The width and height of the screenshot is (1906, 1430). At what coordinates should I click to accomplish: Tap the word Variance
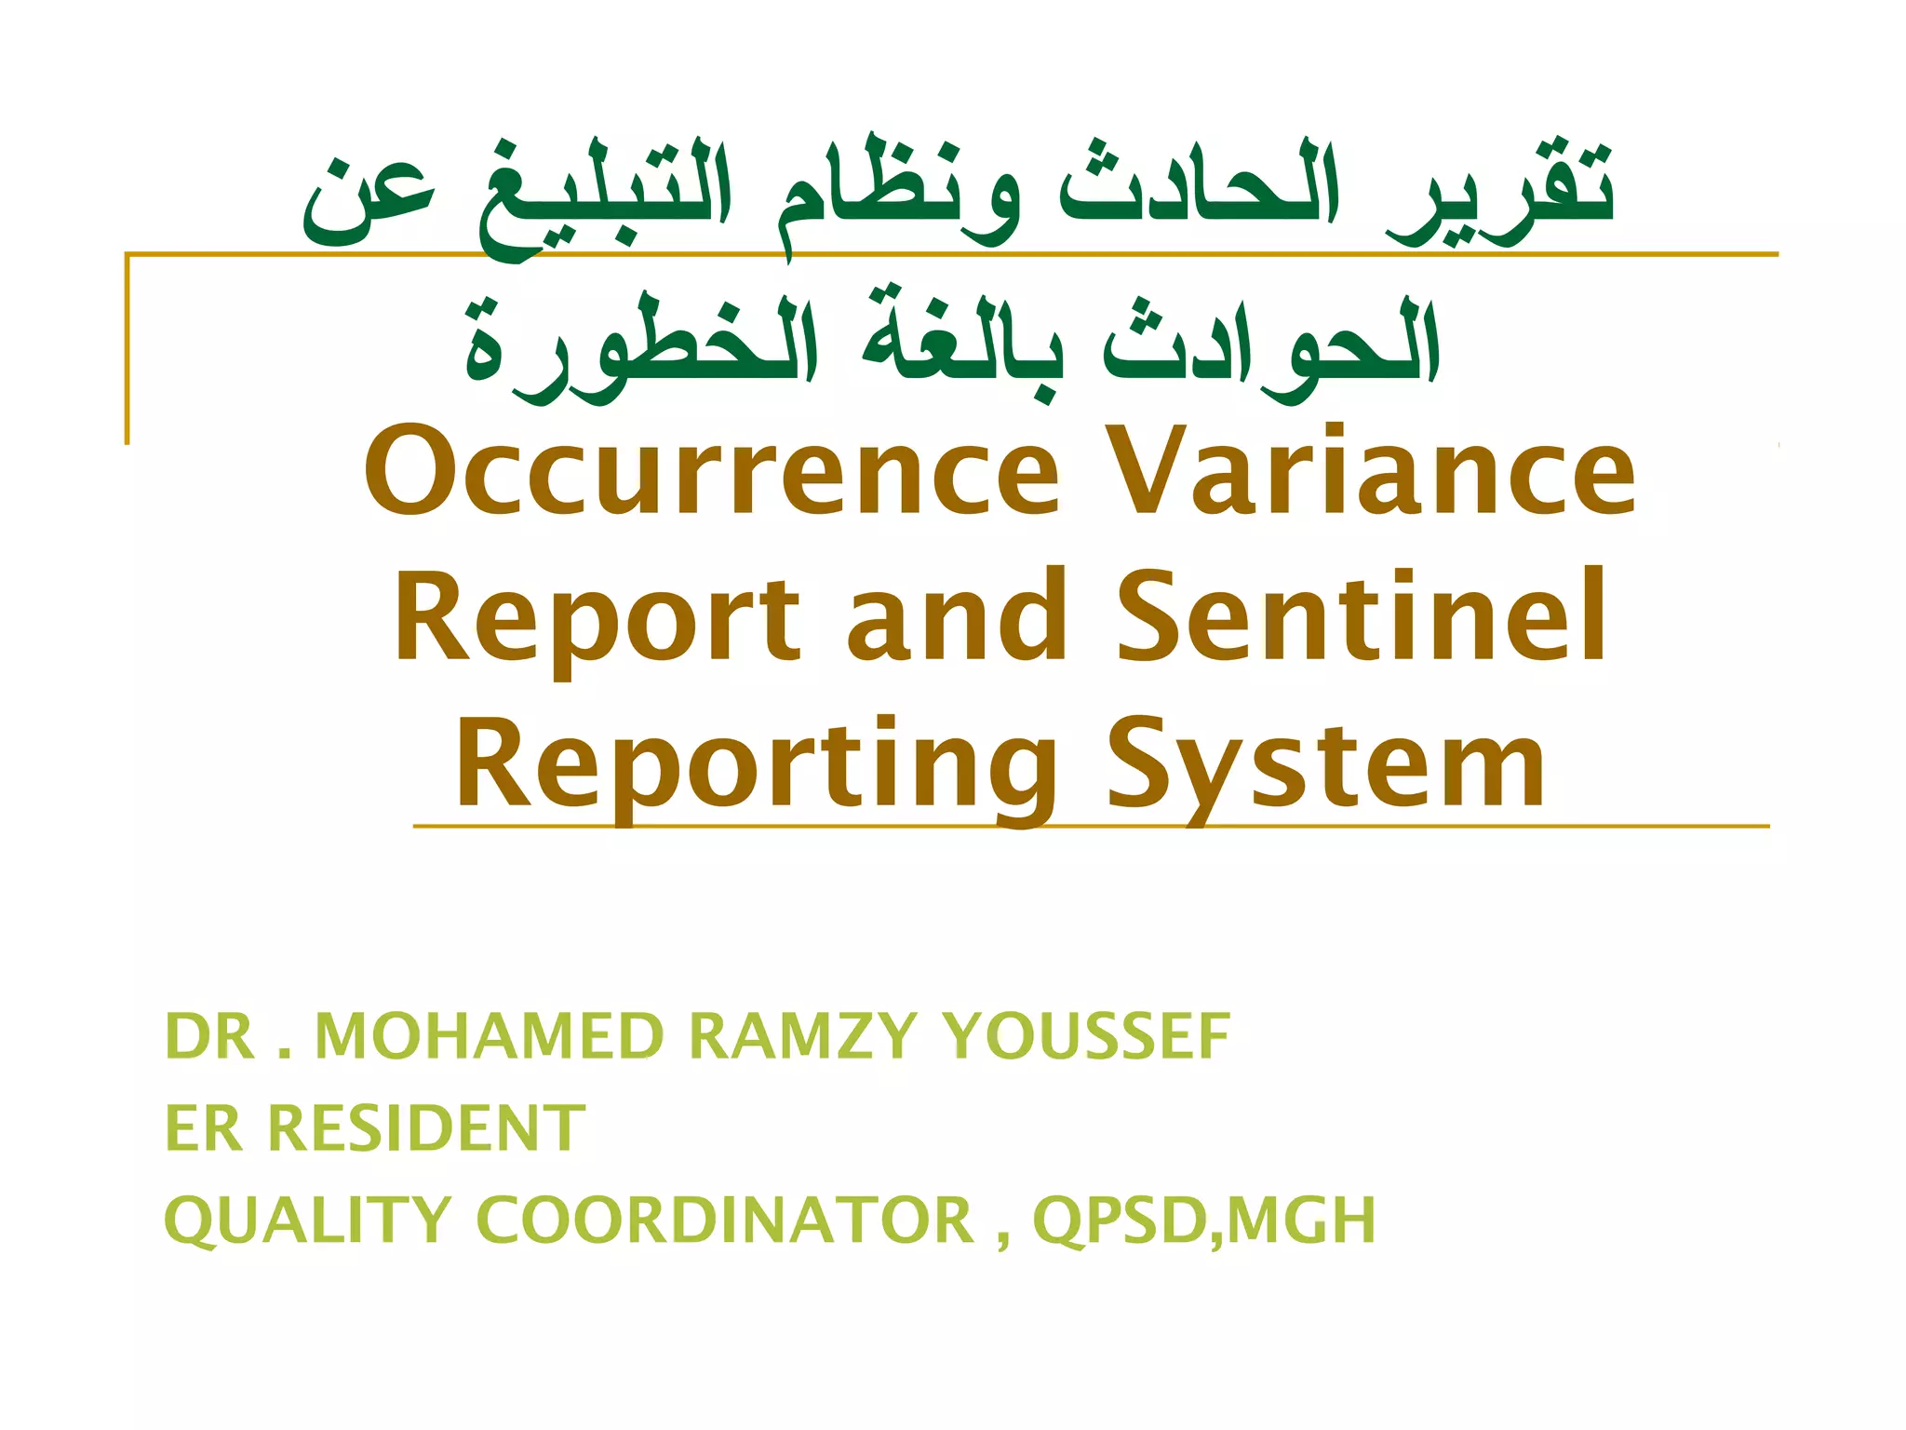1373,473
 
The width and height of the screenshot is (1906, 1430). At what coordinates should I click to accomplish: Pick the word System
1326,766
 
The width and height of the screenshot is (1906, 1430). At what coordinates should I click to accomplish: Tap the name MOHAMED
490,1036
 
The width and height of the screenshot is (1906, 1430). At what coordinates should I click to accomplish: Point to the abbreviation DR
208,1036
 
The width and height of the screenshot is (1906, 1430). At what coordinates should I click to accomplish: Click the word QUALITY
307,1221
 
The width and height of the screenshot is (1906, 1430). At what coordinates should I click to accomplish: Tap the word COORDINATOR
725,1221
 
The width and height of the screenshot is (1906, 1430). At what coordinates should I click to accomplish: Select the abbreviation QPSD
1121,1221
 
